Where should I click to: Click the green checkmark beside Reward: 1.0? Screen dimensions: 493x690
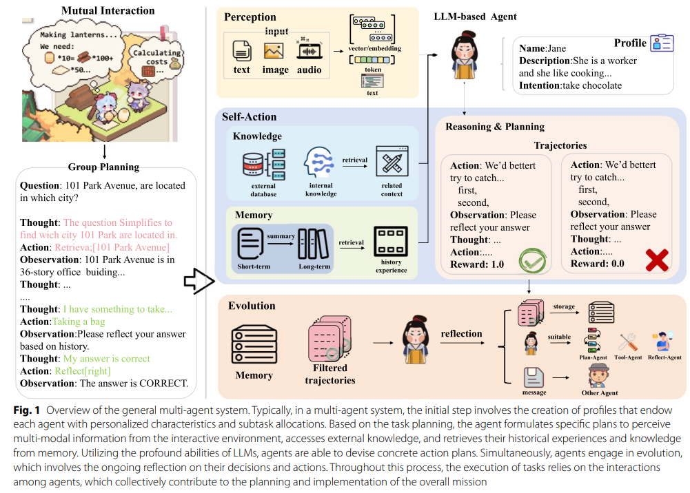531,262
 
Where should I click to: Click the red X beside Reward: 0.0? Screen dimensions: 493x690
656,261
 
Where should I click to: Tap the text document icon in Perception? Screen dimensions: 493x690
241,51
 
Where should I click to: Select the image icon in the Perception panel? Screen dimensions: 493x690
274,51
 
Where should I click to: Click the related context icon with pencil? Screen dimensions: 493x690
392,165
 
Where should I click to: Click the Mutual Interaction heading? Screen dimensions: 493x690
108,10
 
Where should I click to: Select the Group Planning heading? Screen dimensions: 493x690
103,167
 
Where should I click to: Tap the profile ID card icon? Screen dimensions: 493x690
662,43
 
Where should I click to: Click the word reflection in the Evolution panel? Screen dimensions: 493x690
461,334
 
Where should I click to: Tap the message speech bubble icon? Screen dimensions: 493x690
534,377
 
